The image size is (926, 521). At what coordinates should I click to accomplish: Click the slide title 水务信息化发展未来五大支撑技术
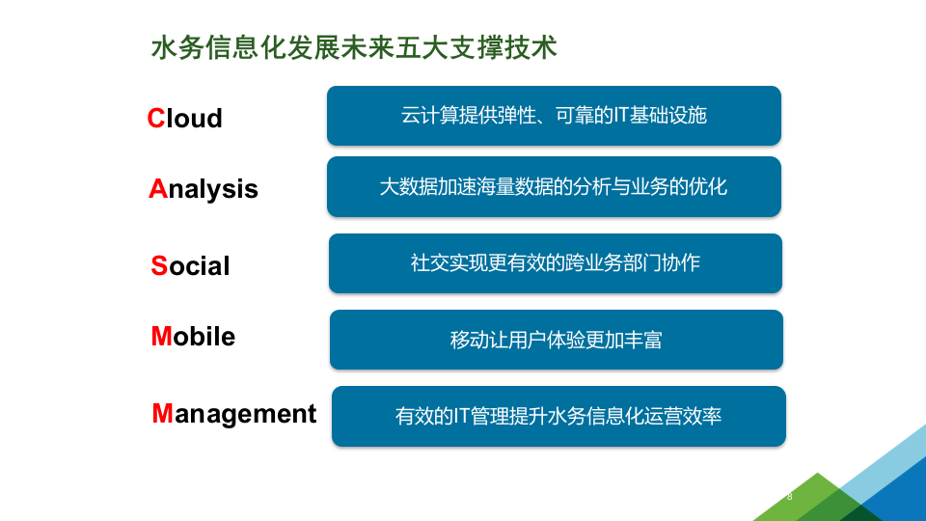(354, 47)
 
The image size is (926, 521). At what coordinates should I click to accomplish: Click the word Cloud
(184, 118)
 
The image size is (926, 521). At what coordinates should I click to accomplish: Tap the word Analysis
(204, 188)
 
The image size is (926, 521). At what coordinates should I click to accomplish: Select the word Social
(190, 265)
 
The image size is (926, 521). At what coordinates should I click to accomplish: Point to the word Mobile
(193, 336)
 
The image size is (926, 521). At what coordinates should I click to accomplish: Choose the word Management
(234, 413)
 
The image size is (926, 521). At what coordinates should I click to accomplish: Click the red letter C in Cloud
(156, 118)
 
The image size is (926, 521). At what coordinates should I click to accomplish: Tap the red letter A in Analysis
(158, 188)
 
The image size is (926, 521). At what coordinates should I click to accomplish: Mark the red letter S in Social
(159, 265)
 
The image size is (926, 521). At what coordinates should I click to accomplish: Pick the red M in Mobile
(161, 336)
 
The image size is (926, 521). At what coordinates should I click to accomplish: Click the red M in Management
(162, 413)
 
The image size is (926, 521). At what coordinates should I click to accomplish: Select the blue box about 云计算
(554, 116)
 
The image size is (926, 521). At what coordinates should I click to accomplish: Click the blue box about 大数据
(554, 186)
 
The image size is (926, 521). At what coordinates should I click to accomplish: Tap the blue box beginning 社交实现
(555, 262)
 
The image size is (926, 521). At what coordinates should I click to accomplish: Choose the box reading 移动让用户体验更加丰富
(556, 340)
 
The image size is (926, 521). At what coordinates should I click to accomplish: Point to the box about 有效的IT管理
(558, 416)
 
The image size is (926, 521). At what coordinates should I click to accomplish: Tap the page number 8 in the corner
(790, 497)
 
